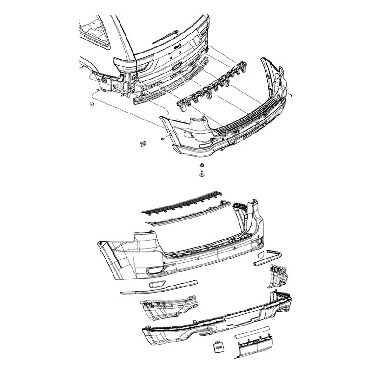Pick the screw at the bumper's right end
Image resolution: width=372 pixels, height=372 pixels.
291,95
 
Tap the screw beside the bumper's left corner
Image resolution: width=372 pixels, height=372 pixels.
162,139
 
